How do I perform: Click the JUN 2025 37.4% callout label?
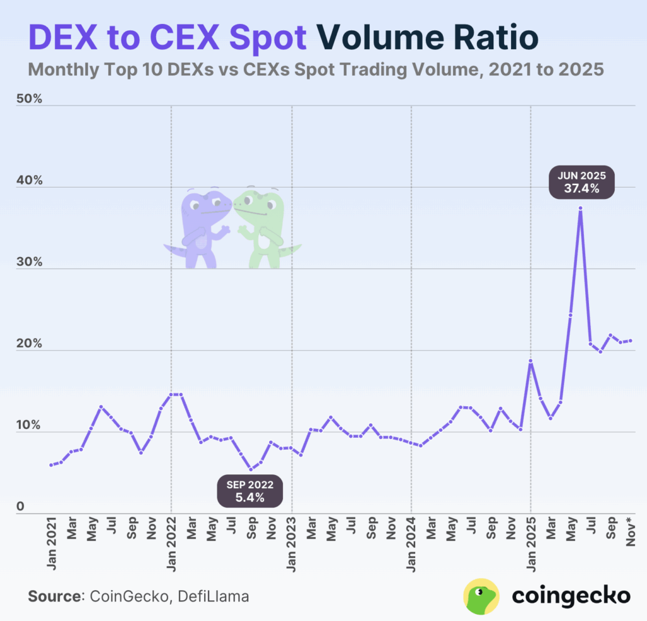pos(581,182)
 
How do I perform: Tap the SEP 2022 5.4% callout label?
pos(250,491)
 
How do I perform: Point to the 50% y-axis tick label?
pos(28,100)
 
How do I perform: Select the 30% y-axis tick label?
pos(28,262)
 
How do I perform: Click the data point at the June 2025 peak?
pos(580,208)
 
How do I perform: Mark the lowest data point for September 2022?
pos(251,469)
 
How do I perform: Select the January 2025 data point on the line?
pos(531,361)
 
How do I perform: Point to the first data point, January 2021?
pos(51,465)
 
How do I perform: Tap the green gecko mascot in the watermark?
pos(262,227)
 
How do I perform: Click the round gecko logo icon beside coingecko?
pos(482,596)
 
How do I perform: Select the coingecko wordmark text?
pos(571,595)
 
